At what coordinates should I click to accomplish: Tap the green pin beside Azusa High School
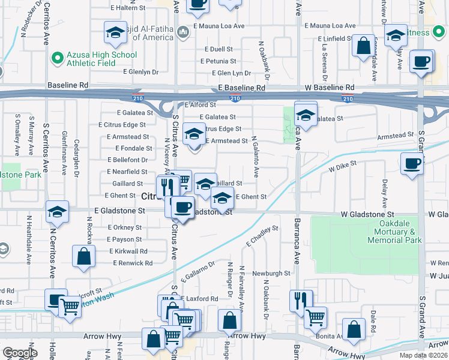[58, 58]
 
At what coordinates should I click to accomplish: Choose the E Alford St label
[200, 105]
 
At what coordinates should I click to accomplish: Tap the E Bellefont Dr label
[127, 160]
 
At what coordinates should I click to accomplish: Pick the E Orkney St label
[125, 227]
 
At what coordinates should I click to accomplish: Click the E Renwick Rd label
[133, 263]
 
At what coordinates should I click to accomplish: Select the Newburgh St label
[271, 273]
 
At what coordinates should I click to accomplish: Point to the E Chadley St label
[262, 236]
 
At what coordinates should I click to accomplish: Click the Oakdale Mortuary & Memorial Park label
[394, 232]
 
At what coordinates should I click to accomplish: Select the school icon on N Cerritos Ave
[57, 212]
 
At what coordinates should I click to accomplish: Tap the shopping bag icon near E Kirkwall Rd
[83, 256]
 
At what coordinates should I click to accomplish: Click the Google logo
[20, 353]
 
